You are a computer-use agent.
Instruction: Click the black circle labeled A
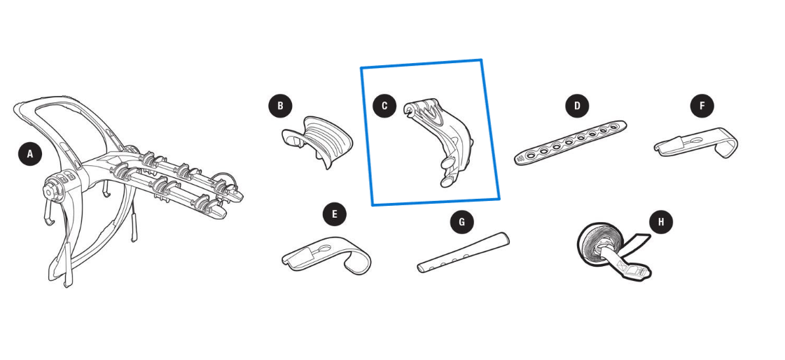[30, 153]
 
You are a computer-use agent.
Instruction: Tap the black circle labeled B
[280, 106]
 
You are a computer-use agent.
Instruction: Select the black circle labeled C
[384, 106]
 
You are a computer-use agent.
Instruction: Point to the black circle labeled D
[577, 106]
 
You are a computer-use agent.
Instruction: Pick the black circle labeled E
[335, 215]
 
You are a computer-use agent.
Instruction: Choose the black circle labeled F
[702, 106]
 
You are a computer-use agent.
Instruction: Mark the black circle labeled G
[461, 221]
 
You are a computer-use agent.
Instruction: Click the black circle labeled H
[661, 221]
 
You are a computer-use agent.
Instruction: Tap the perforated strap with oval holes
[570, 142]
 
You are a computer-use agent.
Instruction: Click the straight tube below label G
[463, 252]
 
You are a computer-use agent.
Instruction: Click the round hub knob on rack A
[50, 192]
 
